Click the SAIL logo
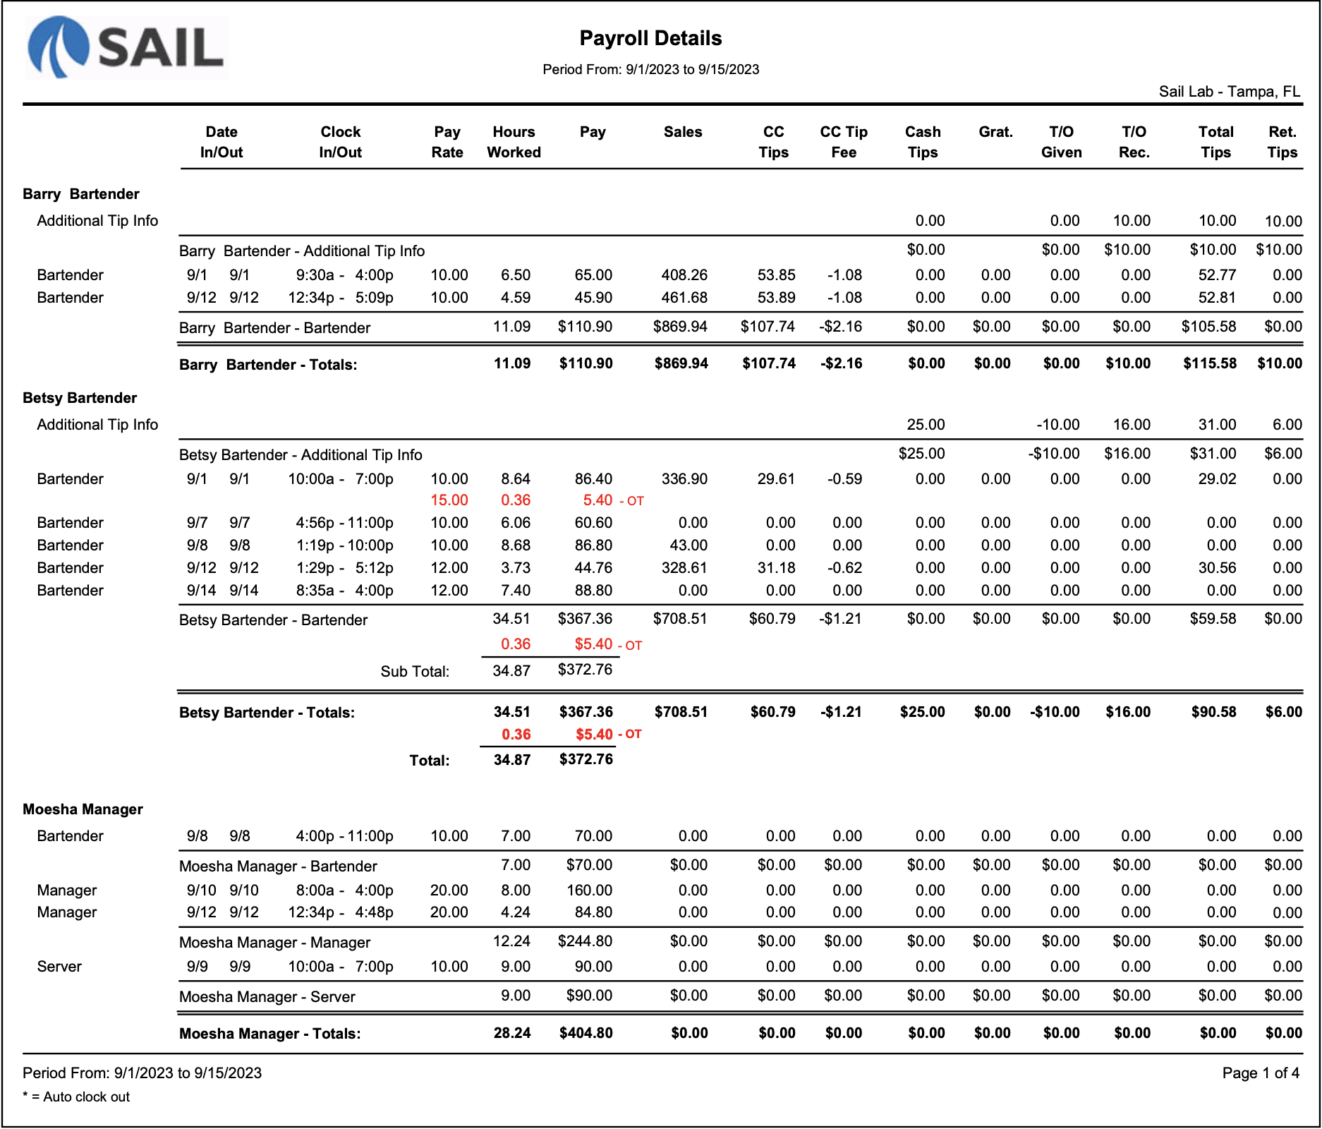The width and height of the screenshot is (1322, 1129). click(x=127, y=47)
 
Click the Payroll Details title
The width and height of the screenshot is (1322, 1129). click(x=650, y=38)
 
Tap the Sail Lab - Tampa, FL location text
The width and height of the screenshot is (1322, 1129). click(x=1229, y=92)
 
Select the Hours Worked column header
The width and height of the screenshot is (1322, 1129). click(x=514, y=142)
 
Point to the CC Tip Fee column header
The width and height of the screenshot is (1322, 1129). click(x=843, y=142)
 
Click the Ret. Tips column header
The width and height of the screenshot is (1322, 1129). click(x=1282, y=142)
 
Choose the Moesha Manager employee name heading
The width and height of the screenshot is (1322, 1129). click(x=83, y=809)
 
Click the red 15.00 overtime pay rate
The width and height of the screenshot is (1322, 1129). click(x=449, y=500)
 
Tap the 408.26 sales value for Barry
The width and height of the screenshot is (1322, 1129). click(x=684, y=275)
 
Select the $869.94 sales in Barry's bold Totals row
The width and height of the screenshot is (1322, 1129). click(x=681, y=363)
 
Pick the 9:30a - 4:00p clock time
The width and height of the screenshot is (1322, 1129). click(x=344, y=275)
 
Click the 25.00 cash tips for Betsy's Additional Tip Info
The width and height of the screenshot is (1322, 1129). click(x=926, y=425)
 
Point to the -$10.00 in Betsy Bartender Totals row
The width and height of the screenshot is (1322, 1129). click(x=1055, y=712)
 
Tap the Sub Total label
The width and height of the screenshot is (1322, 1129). click(x=415, y=671)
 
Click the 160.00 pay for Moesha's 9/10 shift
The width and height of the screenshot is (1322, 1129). click(x=589, y=890)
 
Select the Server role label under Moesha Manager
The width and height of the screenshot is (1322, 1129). click(x=59, y=967)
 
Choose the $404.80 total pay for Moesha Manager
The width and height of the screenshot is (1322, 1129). click(x=586, y=1033)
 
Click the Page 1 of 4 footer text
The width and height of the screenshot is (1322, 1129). click(x=1261, y=1073)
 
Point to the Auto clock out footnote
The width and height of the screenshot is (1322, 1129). click(x=77, y=1097)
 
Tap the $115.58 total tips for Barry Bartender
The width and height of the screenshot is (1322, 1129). click(x=1209, y=363)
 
